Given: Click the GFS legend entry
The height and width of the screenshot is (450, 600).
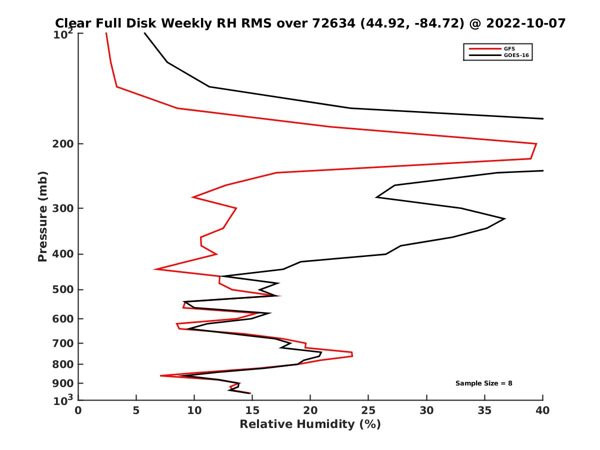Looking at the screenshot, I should click(510, 48).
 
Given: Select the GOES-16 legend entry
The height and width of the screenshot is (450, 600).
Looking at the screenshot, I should click(514, 55).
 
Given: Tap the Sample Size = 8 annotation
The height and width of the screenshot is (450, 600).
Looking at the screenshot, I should click(483, 383).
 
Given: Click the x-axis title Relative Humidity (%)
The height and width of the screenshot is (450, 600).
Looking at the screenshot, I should click(310, 424).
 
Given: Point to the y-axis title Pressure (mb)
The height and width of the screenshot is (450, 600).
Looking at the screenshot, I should click(42, 216).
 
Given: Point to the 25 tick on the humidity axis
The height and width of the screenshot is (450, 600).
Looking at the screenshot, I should click(368, 410).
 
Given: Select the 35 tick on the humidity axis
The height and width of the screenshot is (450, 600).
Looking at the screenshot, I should click(484, 410).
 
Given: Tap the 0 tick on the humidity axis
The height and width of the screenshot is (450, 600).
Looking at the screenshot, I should click(78, 410).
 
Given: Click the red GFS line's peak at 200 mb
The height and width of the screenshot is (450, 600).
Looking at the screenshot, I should click(536, 144).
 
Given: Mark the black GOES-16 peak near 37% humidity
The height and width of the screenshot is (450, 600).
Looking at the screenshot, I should click(504, 218).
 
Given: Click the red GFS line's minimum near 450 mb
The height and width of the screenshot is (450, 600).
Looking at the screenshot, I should click(155, 269).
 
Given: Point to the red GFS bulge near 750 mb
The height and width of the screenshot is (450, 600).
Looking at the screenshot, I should click(352, 354).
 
